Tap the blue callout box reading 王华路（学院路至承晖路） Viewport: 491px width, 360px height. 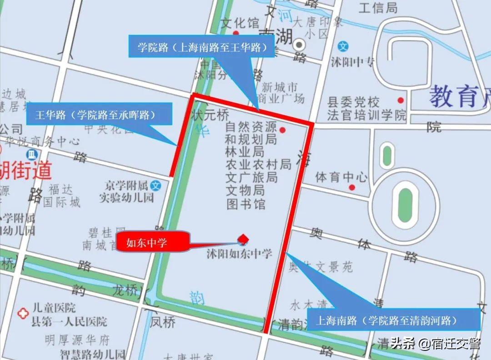point(104,114)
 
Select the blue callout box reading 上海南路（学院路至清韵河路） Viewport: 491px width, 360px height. point(394,320)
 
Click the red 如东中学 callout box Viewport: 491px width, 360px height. point(153,243)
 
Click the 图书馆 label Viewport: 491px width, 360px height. point(246,204)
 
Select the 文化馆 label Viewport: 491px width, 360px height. point(240,23)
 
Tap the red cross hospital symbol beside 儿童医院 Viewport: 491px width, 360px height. point(21,313)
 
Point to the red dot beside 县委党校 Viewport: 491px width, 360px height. point(401,100)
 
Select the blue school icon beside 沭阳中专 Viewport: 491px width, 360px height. point(344,46)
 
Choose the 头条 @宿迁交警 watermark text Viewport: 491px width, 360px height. point(436,344)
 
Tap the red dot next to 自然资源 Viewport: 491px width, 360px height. point(282,130)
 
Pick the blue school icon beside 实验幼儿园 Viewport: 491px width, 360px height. point(156,185)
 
